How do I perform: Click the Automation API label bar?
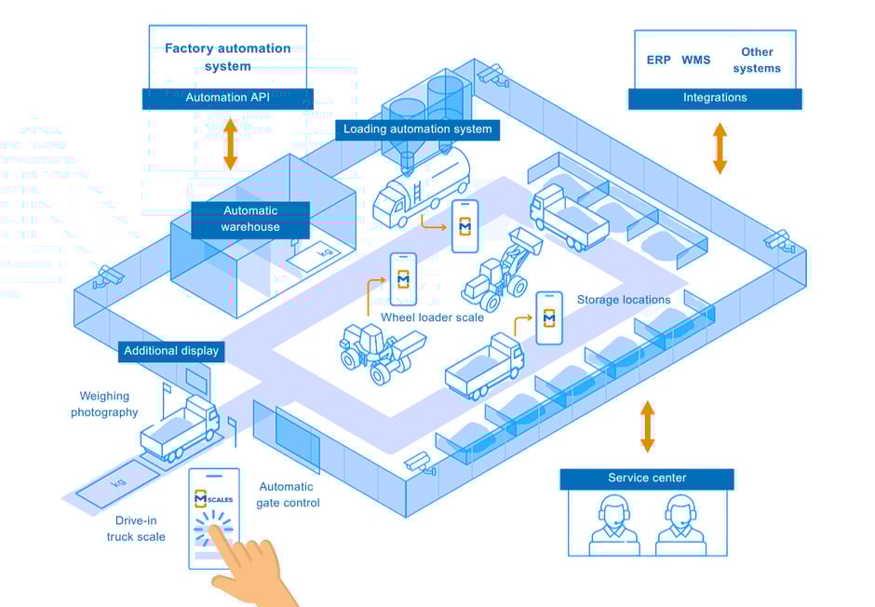point(228,98)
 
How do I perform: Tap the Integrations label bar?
point(715,98)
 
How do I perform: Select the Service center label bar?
point(647,479)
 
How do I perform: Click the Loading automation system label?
point(417,129)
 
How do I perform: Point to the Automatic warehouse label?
point(250,219)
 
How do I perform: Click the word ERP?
point(659,61)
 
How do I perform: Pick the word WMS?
point(695,61)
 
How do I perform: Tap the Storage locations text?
point(624,300)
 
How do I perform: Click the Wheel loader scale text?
point(432,317)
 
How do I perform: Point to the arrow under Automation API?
point(231,145)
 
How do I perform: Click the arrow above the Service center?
point(647,426)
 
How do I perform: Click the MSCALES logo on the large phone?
point(214,499)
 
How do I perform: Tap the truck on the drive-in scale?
point(180,428)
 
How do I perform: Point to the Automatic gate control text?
point(288,494)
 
